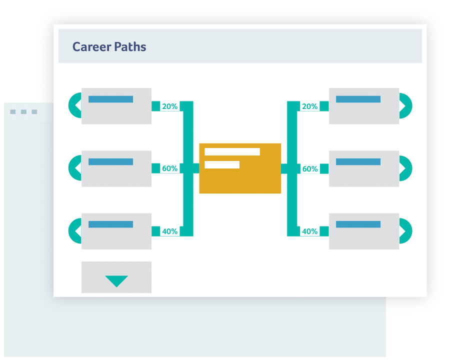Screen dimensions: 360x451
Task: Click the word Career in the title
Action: [x=90, y=47]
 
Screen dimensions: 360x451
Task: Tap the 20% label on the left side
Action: [x=169, y=106]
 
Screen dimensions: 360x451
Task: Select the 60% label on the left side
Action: [x=169, y=169]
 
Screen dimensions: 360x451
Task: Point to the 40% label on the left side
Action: [x=169, y=231]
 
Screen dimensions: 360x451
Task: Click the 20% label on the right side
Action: [x=309, y=106]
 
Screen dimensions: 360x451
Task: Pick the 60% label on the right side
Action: [x=309, y=169]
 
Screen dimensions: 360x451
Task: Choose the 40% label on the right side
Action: [x=309, y=231]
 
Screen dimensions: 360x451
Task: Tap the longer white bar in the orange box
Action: [x=232, y=152]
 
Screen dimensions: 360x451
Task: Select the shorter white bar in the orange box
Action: [x=222, y=164]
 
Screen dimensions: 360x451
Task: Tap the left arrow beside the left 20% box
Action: [x=75, y=105]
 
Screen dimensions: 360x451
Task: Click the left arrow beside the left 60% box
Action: [x=75, y=168]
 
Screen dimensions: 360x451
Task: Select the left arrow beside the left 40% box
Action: [x=75, y=231]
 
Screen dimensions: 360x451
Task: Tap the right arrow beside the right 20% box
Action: [x=405, y=105]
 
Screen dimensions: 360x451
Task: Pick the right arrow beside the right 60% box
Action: [x=405, y=168]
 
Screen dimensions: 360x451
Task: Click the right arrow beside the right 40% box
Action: [x=405, y=231]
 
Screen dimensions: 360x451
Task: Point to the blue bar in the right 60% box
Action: [x=358, y=162]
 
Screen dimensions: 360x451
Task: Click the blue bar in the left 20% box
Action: [x=110, y=99]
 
